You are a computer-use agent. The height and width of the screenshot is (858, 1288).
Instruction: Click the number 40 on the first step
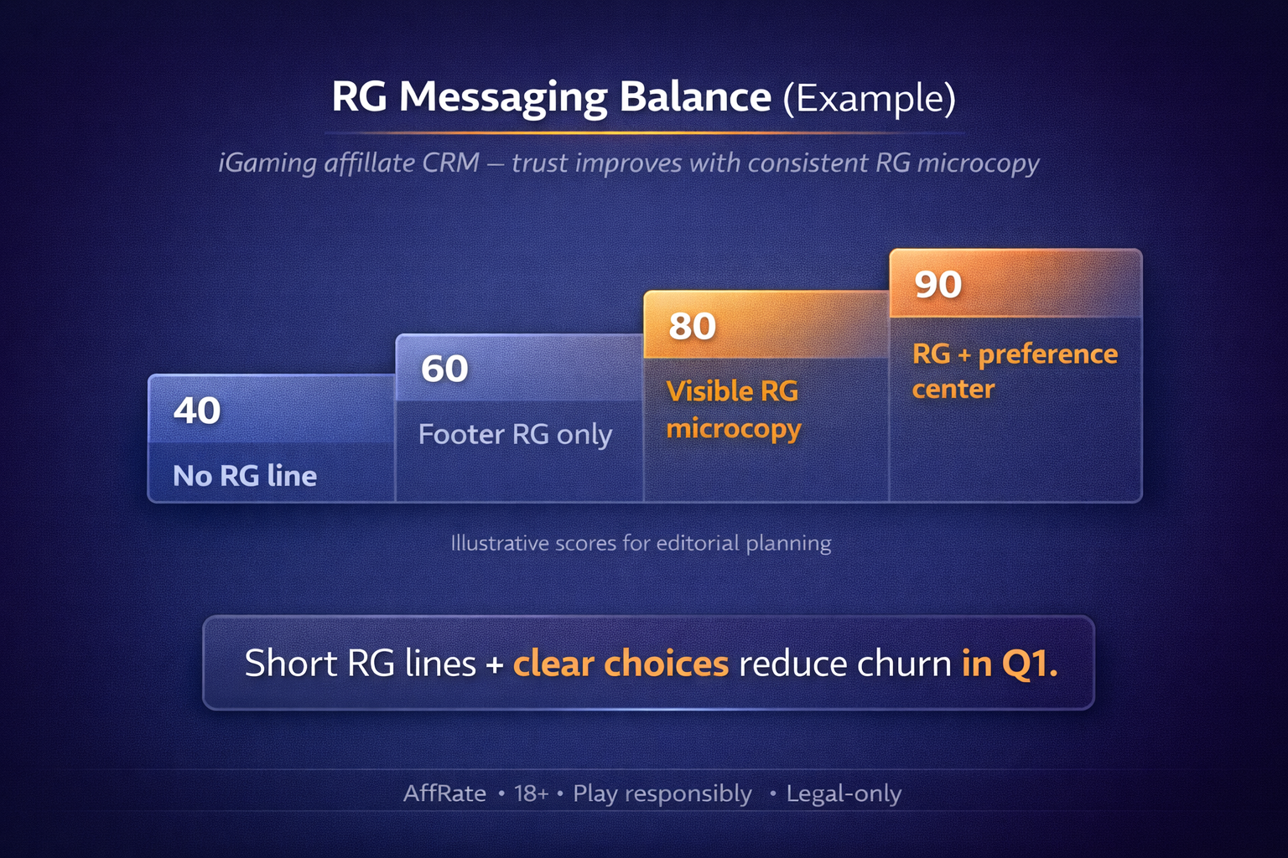197,411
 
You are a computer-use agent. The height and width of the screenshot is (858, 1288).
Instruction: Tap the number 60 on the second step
444,369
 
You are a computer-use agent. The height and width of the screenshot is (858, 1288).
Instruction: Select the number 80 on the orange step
692,326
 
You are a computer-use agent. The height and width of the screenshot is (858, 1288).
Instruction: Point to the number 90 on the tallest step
937,284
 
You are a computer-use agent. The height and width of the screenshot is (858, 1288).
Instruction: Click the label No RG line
245,476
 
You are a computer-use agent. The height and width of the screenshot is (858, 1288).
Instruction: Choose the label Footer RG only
515,434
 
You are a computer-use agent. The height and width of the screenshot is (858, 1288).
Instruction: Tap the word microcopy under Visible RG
734,429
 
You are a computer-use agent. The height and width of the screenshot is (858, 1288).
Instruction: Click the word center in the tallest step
953,389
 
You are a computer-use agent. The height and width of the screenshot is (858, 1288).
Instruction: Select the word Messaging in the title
502,97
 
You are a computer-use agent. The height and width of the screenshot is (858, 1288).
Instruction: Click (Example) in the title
869,98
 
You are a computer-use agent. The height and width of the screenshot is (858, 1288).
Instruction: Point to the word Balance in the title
695,96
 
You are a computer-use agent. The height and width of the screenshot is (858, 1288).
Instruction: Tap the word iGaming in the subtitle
267,163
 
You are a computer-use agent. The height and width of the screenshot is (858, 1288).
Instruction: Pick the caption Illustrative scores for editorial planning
641,543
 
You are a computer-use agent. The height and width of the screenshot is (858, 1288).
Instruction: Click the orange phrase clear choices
621,664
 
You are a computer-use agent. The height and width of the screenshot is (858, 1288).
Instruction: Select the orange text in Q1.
1010,664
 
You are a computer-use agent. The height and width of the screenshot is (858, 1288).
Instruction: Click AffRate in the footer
444,793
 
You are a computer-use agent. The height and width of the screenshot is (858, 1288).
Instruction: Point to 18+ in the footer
532,793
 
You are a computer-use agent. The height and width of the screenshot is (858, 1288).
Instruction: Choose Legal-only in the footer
844,793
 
